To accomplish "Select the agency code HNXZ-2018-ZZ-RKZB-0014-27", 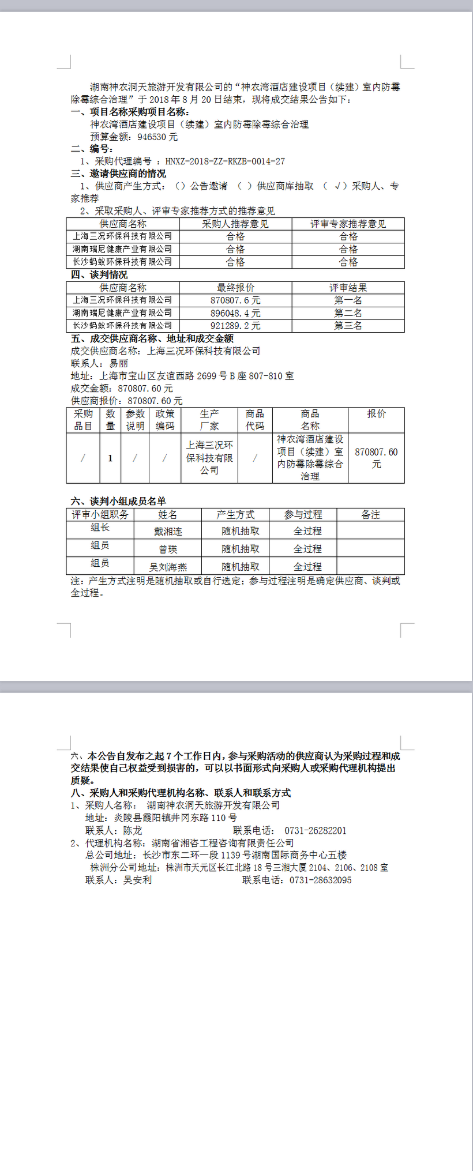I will tap(225, 161).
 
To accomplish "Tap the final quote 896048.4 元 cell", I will tap(235, 313).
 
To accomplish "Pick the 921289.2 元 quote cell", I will tap(235, 326).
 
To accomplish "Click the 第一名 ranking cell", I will tap(348, 300).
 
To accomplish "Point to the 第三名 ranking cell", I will tap(348, 326).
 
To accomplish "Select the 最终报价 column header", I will tap(235, 288).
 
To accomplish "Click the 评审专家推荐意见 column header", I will tap(348, 224).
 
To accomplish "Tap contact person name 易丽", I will tap(119, 364).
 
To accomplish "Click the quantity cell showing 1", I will tap(110, 458).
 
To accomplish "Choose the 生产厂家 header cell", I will tap(209, 420).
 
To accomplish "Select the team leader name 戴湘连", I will tap(168, 531).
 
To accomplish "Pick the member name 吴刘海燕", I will tap(168, 567).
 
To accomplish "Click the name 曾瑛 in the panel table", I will tap(168, 549).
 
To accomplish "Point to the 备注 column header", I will tap(370, 515).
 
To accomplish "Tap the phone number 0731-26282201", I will tap(316, 831).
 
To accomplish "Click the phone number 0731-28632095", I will tap(320, 880).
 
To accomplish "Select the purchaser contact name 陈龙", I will tap(133, 831).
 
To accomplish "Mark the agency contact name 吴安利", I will tap(137, 880).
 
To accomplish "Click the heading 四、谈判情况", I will tap(99, 275).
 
